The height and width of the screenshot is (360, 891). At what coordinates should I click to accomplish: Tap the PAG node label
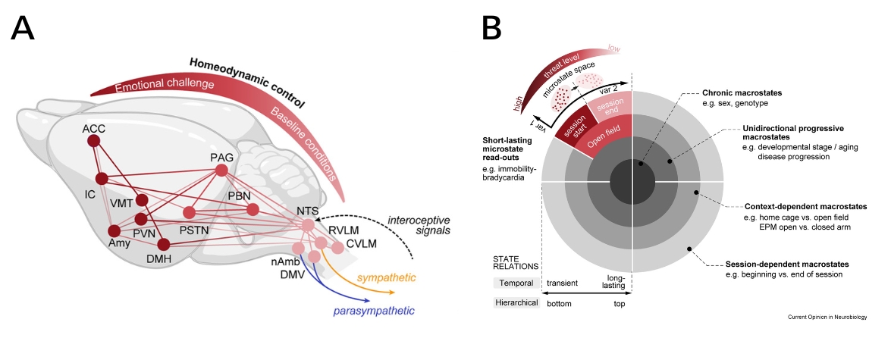pos(221,157)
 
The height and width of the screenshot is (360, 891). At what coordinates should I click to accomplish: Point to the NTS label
pos(307,212)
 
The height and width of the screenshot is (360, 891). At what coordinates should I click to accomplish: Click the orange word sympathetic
pos(387,278)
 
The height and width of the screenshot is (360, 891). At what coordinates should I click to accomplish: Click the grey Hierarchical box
pos(516,302)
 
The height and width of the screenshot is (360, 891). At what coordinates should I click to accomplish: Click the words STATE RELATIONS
pos(516,261)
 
